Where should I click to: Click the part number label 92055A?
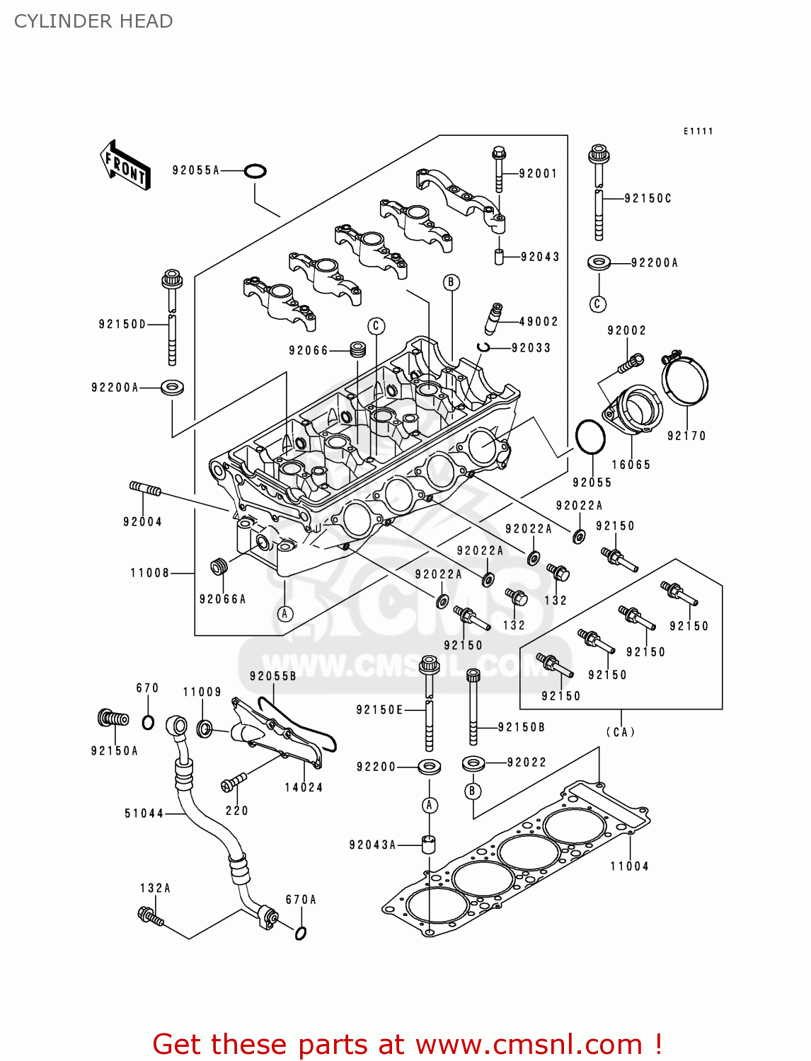(x=196, y=170)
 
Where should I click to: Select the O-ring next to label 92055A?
(x=255, y=171)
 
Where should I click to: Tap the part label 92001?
(x=538, y=174)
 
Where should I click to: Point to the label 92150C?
(x=648, y=199)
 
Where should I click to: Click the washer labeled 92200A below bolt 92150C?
(x=599, y=262)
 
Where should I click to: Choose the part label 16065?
(x=631, y=465)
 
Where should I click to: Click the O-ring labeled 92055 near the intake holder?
(x=589, y=438)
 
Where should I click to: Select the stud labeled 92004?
(x=145, y=489)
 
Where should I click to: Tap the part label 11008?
(x=149, y=573)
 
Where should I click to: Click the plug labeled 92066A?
(x=219, y=567)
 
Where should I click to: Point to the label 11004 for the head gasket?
(x=629, y=866)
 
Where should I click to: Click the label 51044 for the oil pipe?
(x=144, y=814)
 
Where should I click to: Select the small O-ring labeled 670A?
(x=300, y=933)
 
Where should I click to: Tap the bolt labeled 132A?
(x=150, y=917)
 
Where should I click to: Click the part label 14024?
(x=304, y=788)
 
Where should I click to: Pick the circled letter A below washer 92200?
(x=429, y=806)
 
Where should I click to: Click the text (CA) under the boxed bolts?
(x=621, y=732)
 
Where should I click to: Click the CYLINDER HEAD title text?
(x=93, y=21)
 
